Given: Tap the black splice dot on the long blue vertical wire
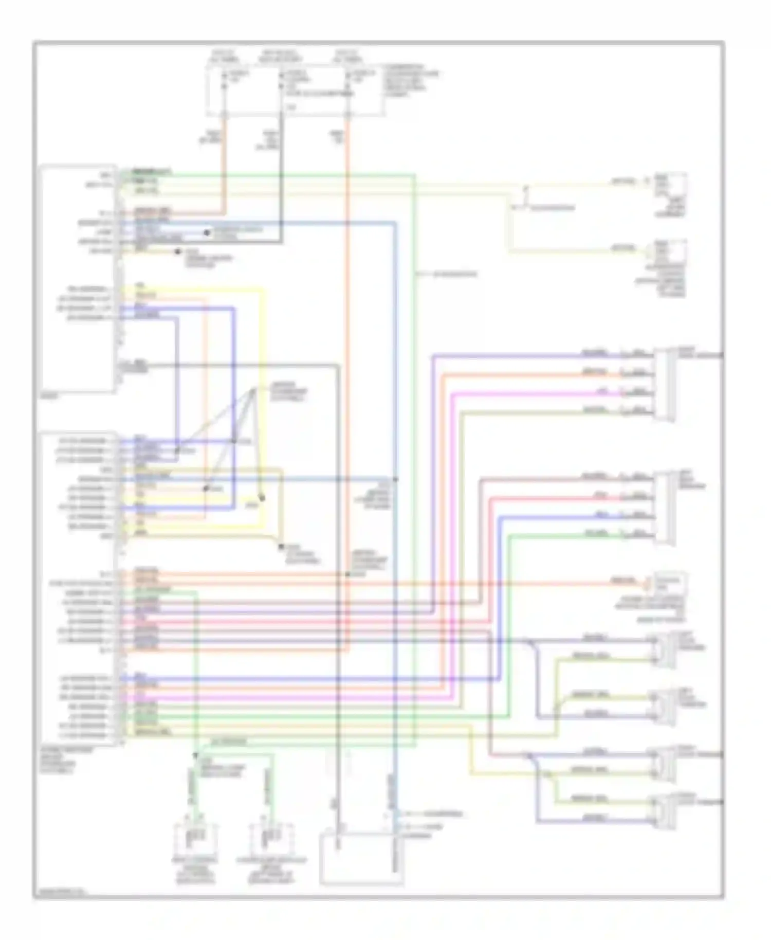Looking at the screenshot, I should click(396, 479).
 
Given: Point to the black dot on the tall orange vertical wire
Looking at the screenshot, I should click(347, 573).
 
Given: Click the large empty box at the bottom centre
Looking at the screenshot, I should click(361, 858).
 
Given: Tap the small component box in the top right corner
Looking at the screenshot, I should click(670, 189).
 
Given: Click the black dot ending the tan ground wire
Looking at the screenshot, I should click(281, 547).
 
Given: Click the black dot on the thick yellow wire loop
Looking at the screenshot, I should click(261, 497).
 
